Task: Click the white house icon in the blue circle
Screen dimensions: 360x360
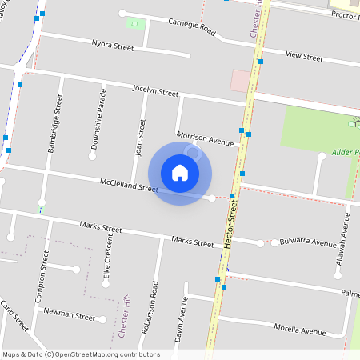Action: coord(180,173)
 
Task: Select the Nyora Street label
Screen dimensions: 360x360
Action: coord(113,47)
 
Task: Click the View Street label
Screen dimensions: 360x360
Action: coord(304,58)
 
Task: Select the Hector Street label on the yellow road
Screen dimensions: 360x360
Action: coord(233,226)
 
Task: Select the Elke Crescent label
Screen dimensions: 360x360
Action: coord(108,262)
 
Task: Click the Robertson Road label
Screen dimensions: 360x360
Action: coord(146,307)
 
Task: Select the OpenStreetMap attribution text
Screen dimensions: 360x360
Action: coord(80,354)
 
